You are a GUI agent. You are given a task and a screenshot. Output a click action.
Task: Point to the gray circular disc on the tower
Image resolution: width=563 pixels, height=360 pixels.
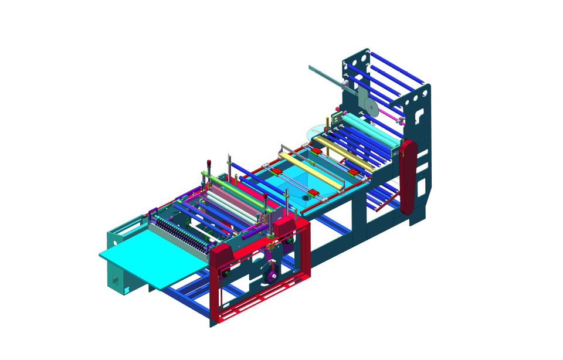371,107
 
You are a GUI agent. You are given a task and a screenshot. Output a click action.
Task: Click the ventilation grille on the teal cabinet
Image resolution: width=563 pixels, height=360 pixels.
116,281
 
